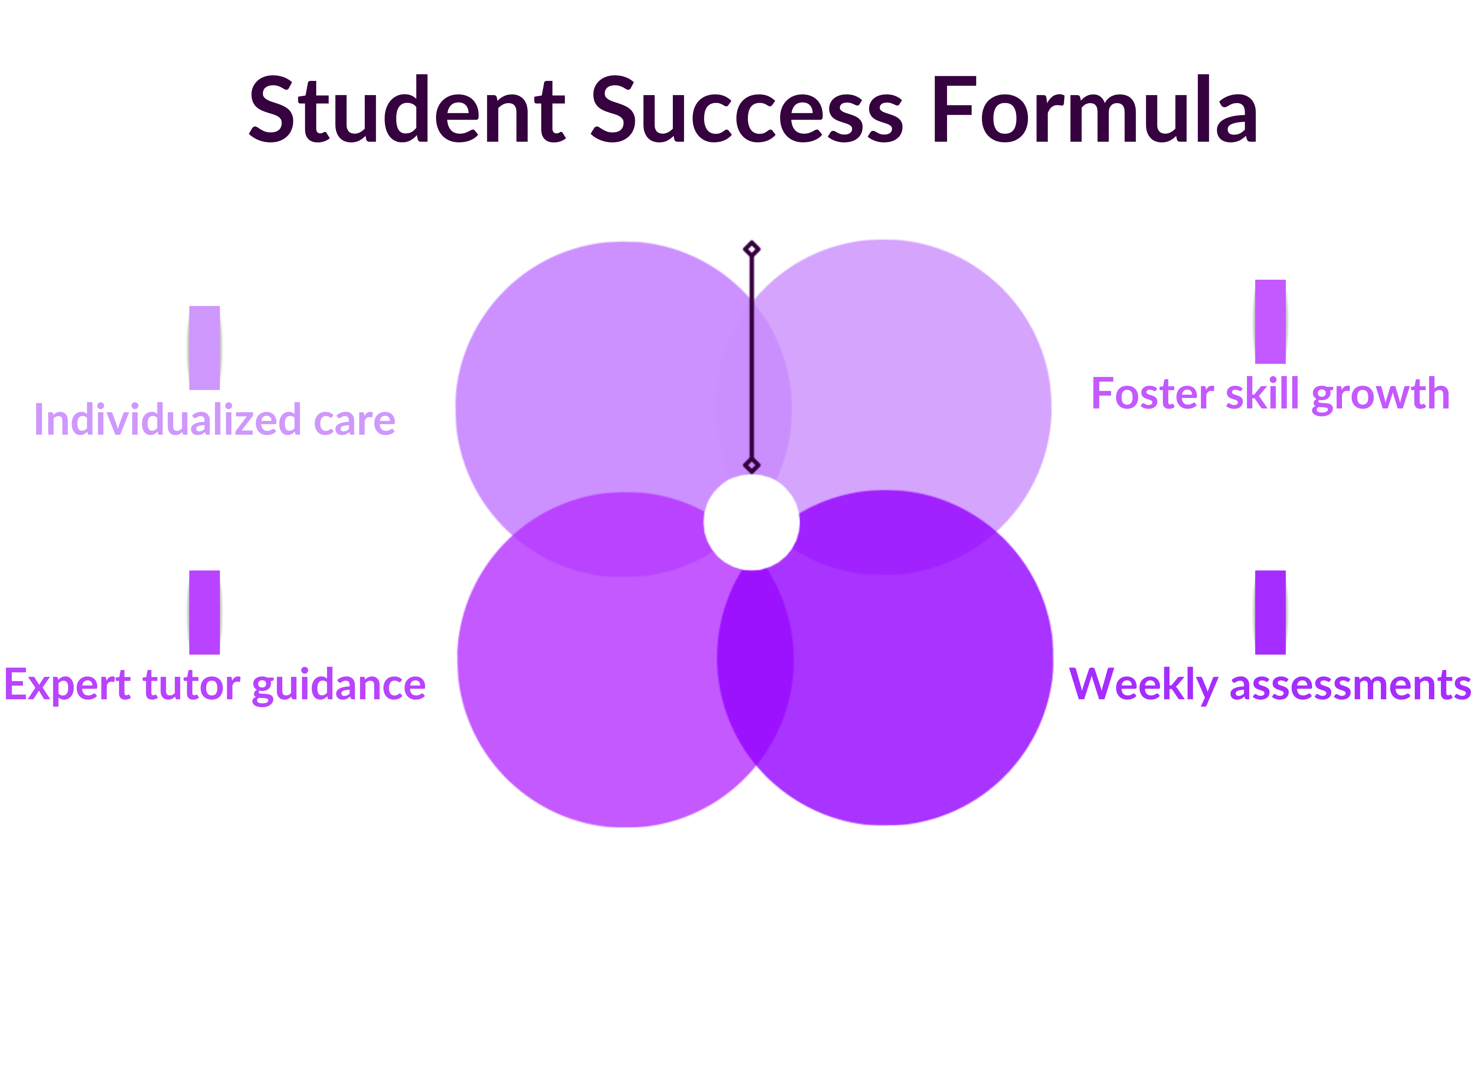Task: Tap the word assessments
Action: pos(1350,685)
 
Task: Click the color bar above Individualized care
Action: pos(204,348)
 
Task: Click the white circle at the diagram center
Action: pos(752,522)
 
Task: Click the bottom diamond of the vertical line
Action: pos(752,465)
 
